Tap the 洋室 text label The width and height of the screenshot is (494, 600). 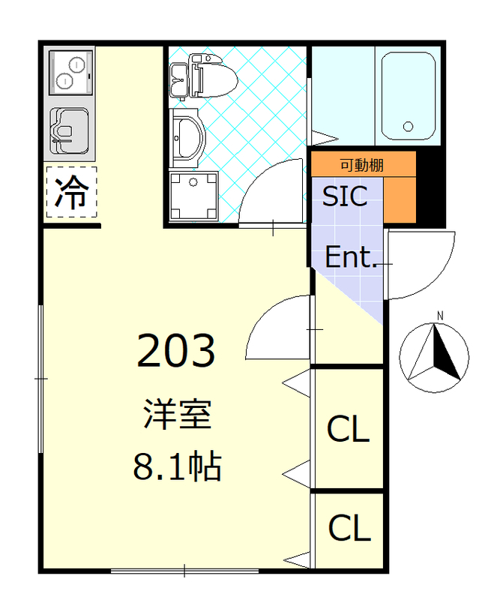tap(177, 415)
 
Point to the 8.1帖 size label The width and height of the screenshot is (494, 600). tap(177, 466)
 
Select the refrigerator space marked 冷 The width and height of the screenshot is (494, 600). tap(71, 193)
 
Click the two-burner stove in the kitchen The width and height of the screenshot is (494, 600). tap(70, 72)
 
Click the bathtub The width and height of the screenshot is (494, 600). tap(409, 95)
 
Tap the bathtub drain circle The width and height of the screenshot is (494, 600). tap(409, 126)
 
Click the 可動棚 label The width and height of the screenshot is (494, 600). tap(362, 164)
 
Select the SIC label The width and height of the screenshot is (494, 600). tap(345, 196)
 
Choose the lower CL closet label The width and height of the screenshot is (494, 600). tap(349, 529)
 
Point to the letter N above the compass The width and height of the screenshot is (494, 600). tap(440, 314)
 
